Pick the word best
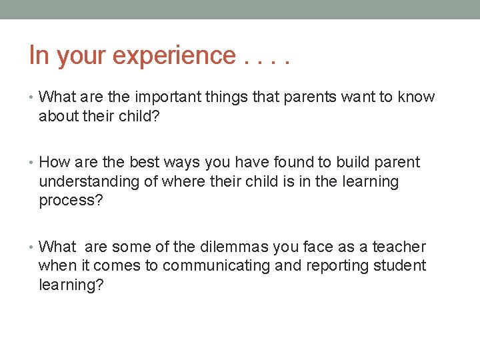(131, 163)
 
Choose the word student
(400, 266)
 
